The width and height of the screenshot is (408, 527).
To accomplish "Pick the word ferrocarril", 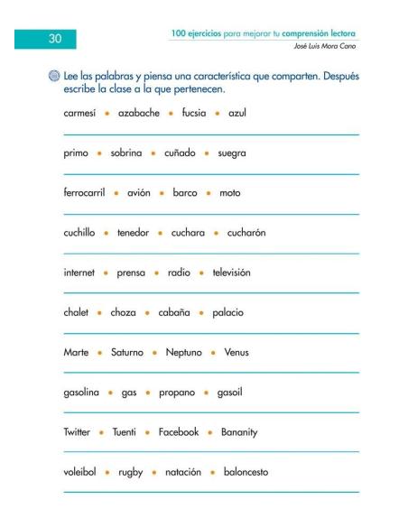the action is pyautogui.click(x=88, y=192).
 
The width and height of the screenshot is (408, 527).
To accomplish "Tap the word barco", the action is pyautogui.click(x=184, y=192).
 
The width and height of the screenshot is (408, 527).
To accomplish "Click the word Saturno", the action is pyautogui.click(x=125, y=352).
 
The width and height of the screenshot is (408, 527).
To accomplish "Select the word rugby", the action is pyautogui.click(x=135, y=471).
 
